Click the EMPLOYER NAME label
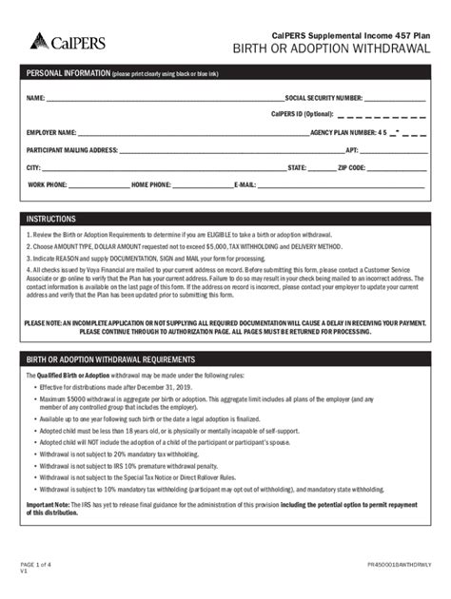[x=51, y=132]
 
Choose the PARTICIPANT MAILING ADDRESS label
[x=72, y=149]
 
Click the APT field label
[x=352, y=149]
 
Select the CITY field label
[x=34, y=166]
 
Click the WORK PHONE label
[x=48, y=184]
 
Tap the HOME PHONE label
[x=151, y=184]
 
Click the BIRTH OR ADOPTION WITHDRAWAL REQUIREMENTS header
[x=109, y=361]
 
